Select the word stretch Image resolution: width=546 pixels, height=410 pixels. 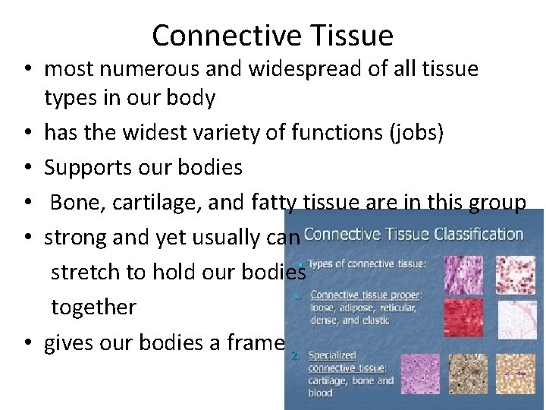pos(83,273)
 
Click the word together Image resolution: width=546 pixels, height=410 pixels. pos(93,307)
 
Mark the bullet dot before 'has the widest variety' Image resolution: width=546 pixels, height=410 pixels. pos(27,134)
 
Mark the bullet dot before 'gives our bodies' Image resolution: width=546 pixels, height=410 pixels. pos(27,343)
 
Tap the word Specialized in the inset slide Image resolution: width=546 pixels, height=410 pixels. pos(332,355)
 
